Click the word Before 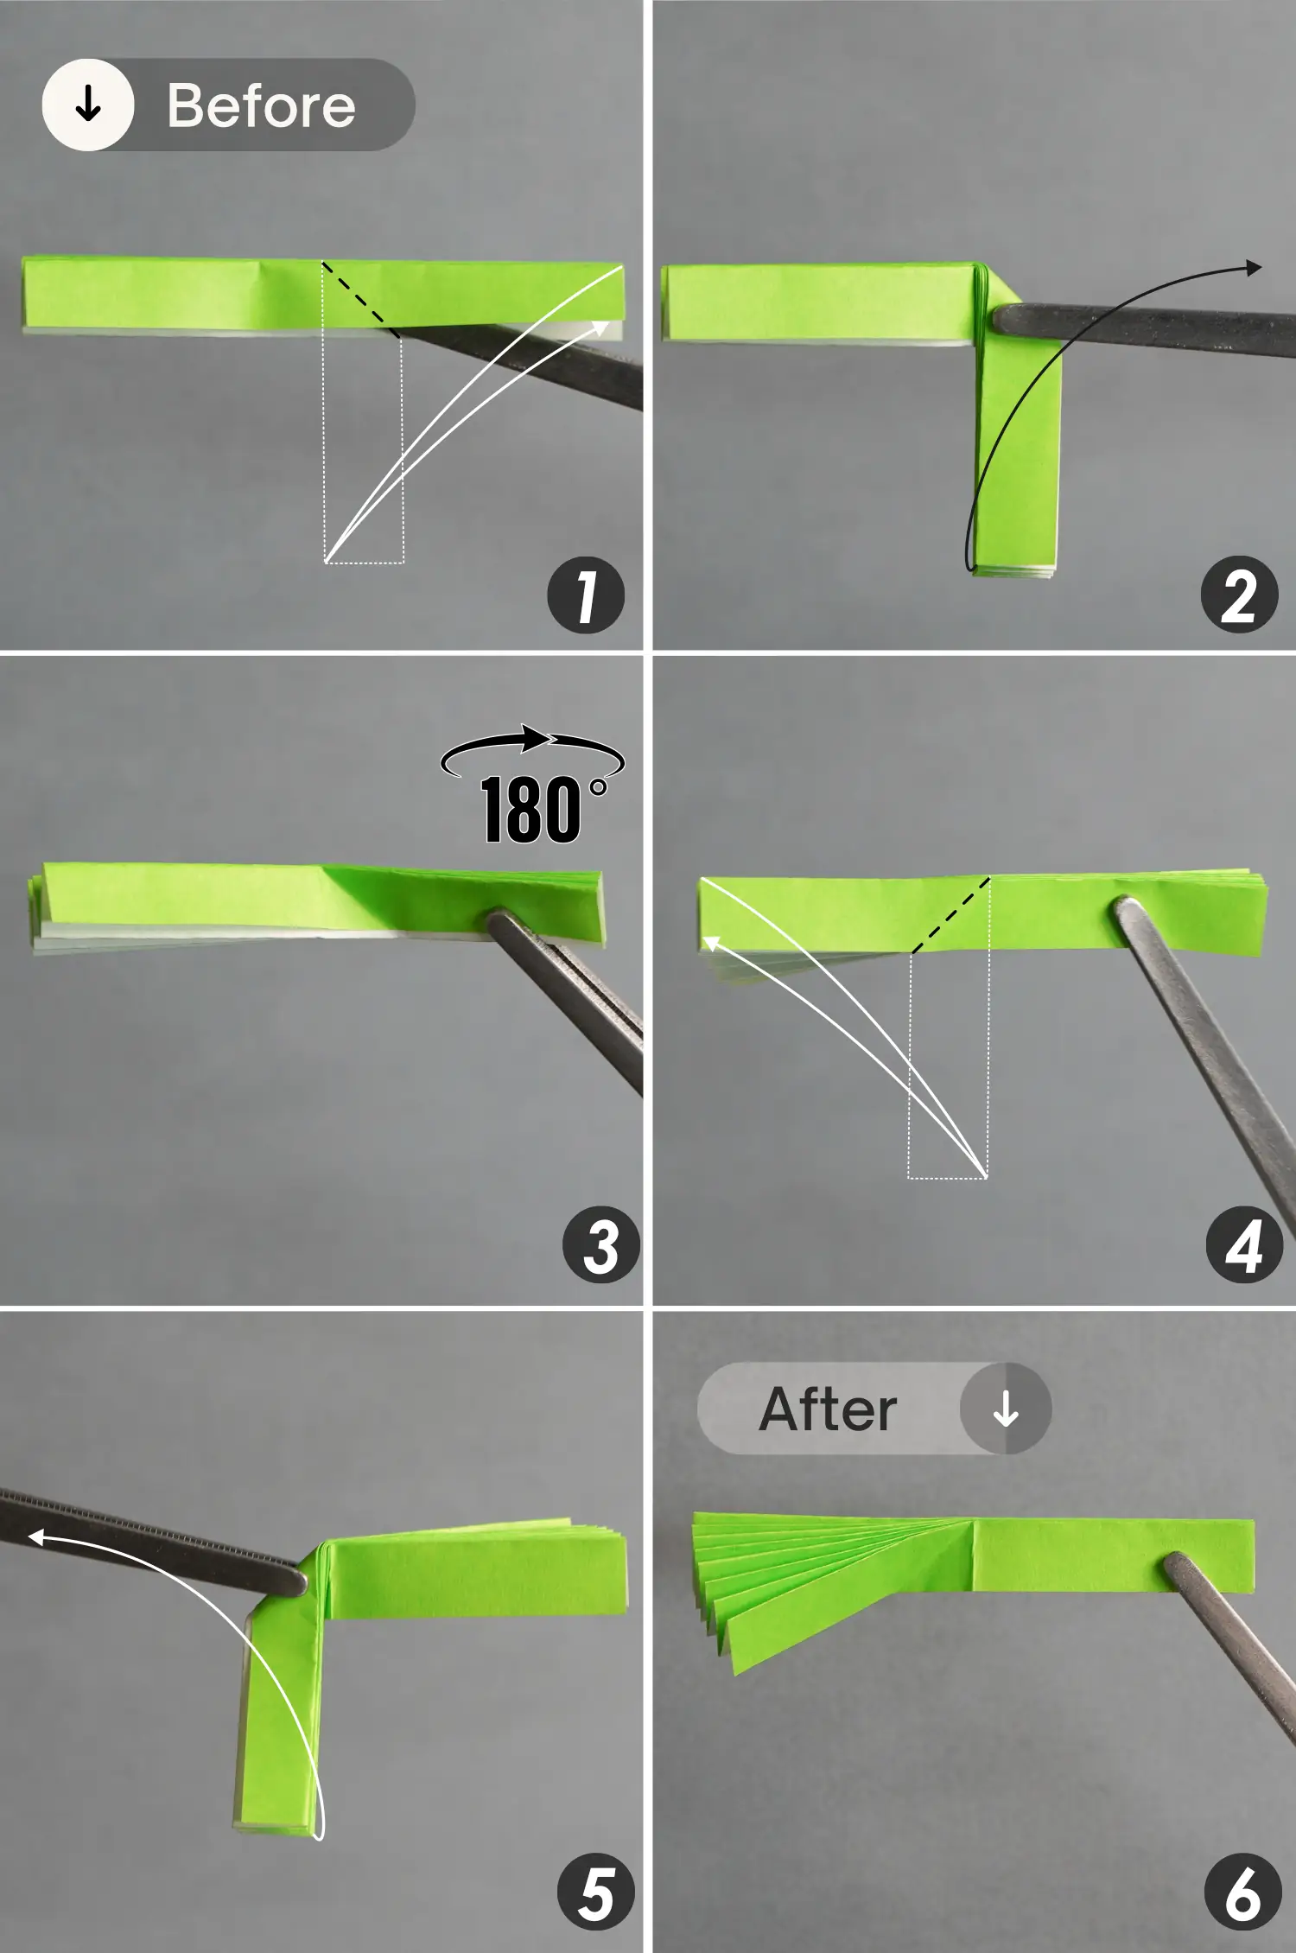point(261,105)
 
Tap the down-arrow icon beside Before point(88,105)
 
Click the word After point(828,1409)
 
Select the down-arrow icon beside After point(1005,1409)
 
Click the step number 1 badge point(586,595)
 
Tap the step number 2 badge point(1239,595)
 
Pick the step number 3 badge point(600,1245)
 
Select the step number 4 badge point(1244,1245)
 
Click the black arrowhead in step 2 point(1253,268)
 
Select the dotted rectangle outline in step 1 point(364,449)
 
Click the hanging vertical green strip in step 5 point(276,1720)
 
